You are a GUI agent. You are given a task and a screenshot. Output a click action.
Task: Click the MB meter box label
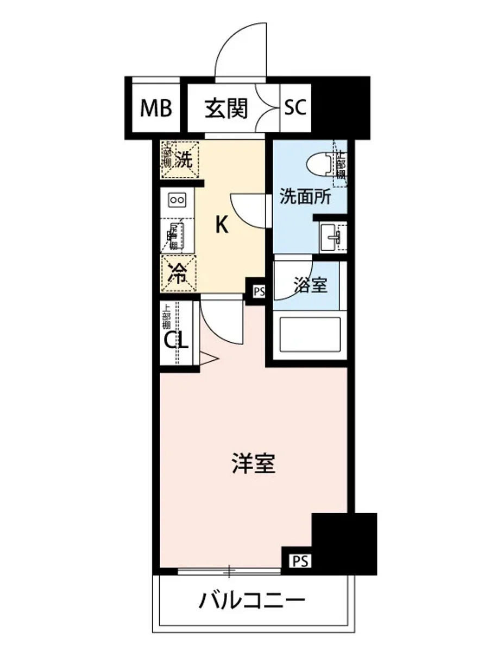tap(156, 108)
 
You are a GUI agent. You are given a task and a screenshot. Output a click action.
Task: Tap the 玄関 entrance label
tap(226, 108)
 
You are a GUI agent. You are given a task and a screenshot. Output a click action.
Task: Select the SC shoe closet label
tap(296, 108)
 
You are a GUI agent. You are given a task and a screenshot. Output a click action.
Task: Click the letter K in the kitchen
tap(221, 224)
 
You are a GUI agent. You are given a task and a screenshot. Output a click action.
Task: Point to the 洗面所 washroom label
tap(305, 197)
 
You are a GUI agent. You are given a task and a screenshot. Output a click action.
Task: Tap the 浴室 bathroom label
tap(311, 286)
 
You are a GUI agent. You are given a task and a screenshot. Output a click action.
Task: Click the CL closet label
tap(176, 341)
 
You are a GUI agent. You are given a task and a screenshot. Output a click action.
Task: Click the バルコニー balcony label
tap(251, 601)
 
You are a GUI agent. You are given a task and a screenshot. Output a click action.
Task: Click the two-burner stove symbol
tap(178, 200)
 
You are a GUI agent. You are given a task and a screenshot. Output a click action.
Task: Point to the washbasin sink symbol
tap(332, 237)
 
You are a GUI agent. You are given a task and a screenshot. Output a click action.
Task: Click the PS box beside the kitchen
tap(258, 292)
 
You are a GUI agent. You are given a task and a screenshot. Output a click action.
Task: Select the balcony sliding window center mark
tap(230, 571)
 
